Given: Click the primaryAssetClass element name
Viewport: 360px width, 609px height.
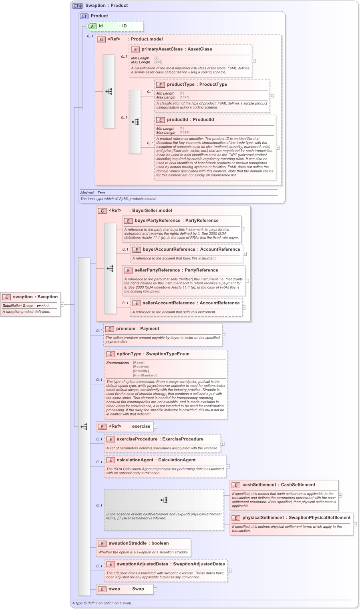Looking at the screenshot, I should point(162,49).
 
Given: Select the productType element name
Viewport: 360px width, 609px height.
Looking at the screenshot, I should point(181,84).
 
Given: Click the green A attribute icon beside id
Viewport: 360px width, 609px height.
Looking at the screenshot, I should point(92,26).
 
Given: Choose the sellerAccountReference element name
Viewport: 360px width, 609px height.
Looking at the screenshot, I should point(169,303).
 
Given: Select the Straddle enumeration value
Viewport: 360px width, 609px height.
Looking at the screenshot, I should point(141,371).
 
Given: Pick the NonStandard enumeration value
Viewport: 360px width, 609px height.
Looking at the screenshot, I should point(145,376).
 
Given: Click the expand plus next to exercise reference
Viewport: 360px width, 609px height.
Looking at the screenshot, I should point(155,427).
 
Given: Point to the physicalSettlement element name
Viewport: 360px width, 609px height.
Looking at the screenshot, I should point(263,518).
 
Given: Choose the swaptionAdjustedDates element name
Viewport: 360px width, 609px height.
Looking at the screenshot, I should point(142,564).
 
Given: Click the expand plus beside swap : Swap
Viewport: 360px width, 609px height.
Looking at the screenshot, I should point(155,589).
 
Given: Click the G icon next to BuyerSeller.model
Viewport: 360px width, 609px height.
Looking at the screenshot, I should point(102,211).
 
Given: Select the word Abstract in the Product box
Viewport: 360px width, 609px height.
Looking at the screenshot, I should point(86,193).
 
